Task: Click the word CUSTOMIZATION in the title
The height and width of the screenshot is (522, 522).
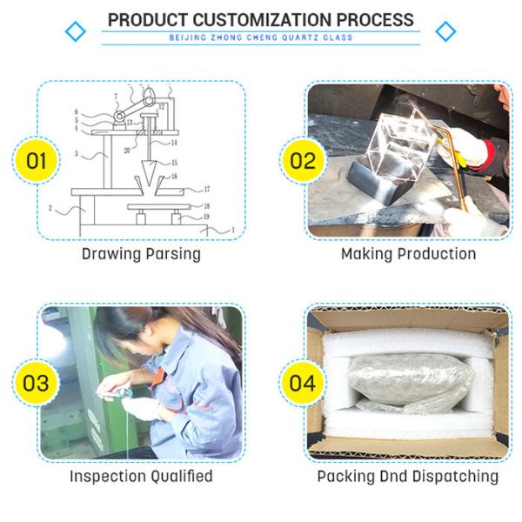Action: (x=264, y=20)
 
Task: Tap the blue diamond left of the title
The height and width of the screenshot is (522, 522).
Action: (x=76, y=31)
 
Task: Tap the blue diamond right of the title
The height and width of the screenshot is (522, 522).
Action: (x=445, y=31)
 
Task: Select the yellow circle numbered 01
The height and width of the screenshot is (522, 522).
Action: (x=37, y=160)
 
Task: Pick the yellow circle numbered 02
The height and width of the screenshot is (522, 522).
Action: (x=303, y=160)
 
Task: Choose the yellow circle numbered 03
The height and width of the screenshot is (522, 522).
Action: (x=36, y=383)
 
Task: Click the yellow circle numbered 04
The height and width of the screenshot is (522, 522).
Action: (x=302, y=383)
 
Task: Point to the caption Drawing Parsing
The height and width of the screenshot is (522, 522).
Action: (x=141, y=254)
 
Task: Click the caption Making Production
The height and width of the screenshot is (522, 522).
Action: (x=409, y=254)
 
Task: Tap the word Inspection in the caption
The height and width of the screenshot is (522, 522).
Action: (x=106, y=477)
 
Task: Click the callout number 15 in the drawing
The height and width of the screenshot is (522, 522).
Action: (x=174, y=163)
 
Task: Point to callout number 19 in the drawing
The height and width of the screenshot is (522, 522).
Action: (x=206, y=217)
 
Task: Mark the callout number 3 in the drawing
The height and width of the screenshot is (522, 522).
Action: (x=77, y=154)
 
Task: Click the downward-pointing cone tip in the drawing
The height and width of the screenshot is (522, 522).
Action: (x=148, y=186)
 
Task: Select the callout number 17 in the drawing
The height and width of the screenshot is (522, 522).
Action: (x=207, y=190)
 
